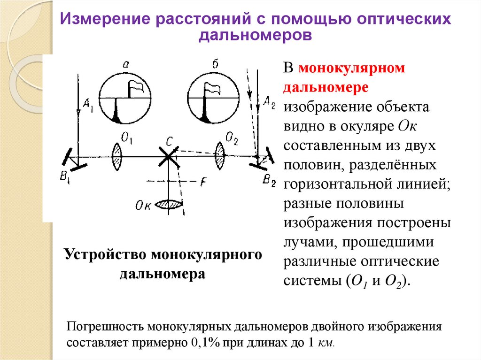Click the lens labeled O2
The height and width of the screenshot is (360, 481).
[220, 154]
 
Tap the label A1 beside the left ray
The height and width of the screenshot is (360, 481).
[87, 107]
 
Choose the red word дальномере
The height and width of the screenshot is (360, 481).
[325, 88]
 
